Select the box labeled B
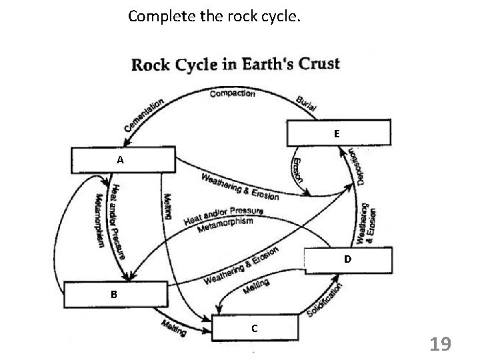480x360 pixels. [115, 293]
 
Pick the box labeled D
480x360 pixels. [347, 259]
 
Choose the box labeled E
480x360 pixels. [337, 133]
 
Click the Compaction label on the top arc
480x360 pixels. [232, 94]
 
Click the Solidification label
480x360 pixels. [326, 301]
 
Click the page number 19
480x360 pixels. [440, 344]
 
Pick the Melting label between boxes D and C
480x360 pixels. [256, 287]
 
